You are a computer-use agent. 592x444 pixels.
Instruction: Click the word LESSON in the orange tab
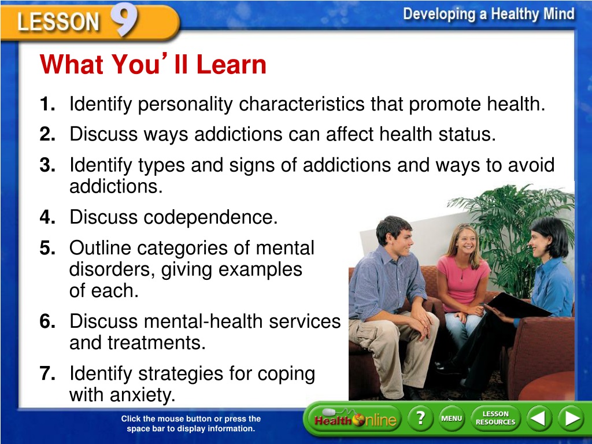[x=58, y=21]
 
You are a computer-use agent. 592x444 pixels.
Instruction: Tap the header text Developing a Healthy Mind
[x=489, y=14]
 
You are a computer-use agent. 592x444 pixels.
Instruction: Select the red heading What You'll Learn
[x=153, y=64]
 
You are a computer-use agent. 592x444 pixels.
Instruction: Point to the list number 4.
[x=47, y=217]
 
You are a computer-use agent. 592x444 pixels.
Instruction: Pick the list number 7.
[x=47, y=373]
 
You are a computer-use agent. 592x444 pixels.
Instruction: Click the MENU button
[x=452, y=419]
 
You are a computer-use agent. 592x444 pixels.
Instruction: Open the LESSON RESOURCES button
[x=495, y=419]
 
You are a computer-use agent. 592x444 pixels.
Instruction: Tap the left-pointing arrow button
[x=539, y=419]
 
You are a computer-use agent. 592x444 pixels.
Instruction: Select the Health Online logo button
[x=355, y=419]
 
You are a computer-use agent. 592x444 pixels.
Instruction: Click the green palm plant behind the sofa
[x=510, y=227]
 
